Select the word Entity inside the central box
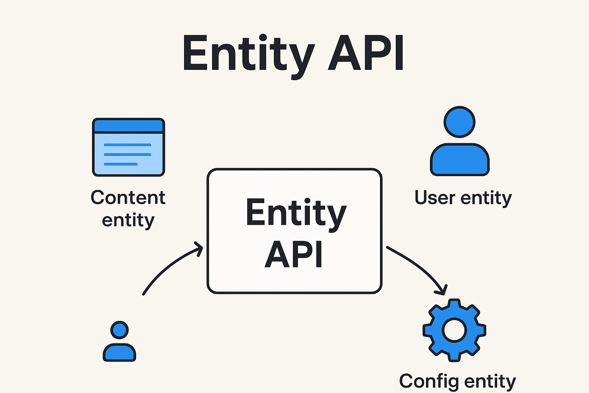coord(296,213)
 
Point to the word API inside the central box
coord(294,254)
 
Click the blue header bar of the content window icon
coord(128,126)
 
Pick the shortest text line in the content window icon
coord(120,164)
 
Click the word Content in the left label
coord(128,198)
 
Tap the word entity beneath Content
coord(128,220)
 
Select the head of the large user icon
coord(459,122)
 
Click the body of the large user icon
coord(459,160)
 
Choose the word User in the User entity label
coord(435,198)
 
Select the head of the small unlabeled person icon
coord(119,330)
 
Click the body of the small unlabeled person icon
coord(119,352)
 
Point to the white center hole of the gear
coord(454,330)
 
